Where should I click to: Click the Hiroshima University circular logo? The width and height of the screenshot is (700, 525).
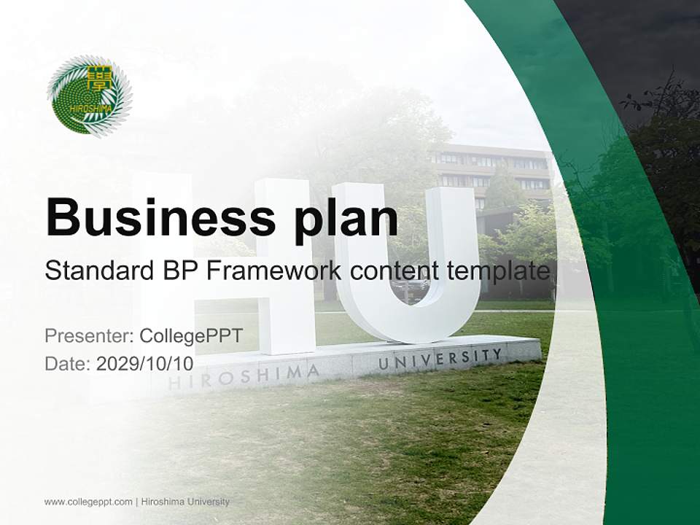click(89, 96)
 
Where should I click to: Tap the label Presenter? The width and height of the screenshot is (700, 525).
click(88, 336)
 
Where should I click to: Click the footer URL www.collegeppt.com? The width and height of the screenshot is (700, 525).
click(88, 502)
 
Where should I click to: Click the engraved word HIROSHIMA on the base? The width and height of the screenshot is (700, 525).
click(244, 378)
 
